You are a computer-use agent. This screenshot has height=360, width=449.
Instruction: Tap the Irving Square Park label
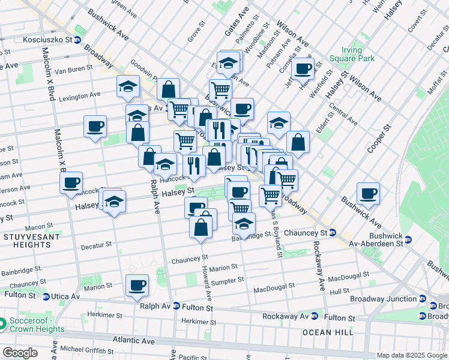coord(352,54)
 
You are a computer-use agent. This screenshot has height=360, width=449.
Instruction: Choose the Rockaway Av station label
coord(286,316)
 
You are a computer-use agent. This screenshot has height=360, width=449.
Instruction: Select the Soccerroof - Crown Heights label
coord(37,325)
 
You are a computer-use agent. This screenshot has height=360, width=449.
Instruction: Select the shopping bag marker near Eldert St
coord(298,142)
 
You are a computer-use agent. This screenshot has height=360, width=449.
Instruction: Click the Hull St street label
coord(339,290)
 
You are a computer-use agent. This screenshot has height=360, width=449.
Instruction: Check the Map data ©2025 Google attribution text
coord(411,355)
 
